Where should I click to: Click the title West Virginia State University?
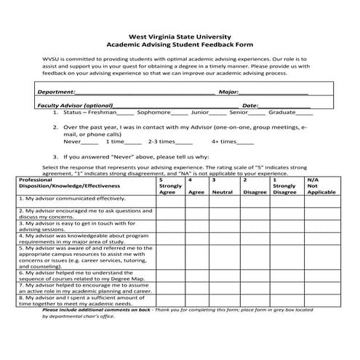point(179,35)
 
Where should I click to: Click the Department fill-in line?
point(145,93)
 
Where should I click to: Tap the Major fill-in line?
point(274,93)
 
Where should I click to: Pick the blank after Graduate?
point(304,114)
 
